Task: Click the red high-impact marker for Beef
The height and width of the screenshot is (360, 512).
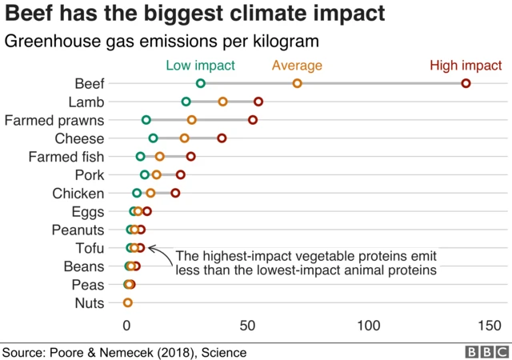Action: tap(466, 83)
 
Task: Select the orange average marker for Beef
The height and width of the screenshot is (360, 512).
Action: tap(297, 83)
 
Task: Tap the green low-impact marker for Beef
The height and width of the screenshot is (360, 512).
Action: tap(201, 83)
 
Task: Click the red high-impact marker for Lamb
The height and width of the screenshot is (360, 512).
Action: tap(258, 102)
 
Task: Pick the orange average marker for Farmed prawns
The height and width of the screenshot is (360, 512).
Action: tap(192, 120)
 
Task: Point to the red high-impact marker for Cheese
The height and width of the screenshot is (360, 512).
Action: tap(222, 138)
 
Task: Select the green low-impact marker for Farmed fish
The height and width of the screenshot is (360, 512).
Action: tap(141, 157)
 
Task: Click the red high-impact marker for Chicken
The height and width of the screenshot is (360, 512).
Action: tap(175, 193)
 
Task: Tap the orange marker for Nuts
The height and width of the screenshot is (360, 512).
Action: tap(127, 302)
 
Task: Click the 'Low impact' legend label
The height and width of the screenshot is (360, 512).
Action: tap(201, 66)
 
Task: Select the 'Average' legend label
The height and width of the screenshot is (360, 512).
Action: tap(297, 66)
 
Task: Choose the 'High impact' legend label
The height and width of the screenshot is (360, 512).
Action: tap(466, 66)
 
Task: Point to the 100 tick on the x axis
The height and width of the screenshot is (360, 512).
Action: tap(369, 326)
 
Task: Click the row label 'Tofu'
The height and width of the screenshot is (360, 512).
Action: tap(89, 248)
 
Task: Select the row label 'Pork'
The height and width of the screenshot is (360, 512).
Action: tap(89, 175)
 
